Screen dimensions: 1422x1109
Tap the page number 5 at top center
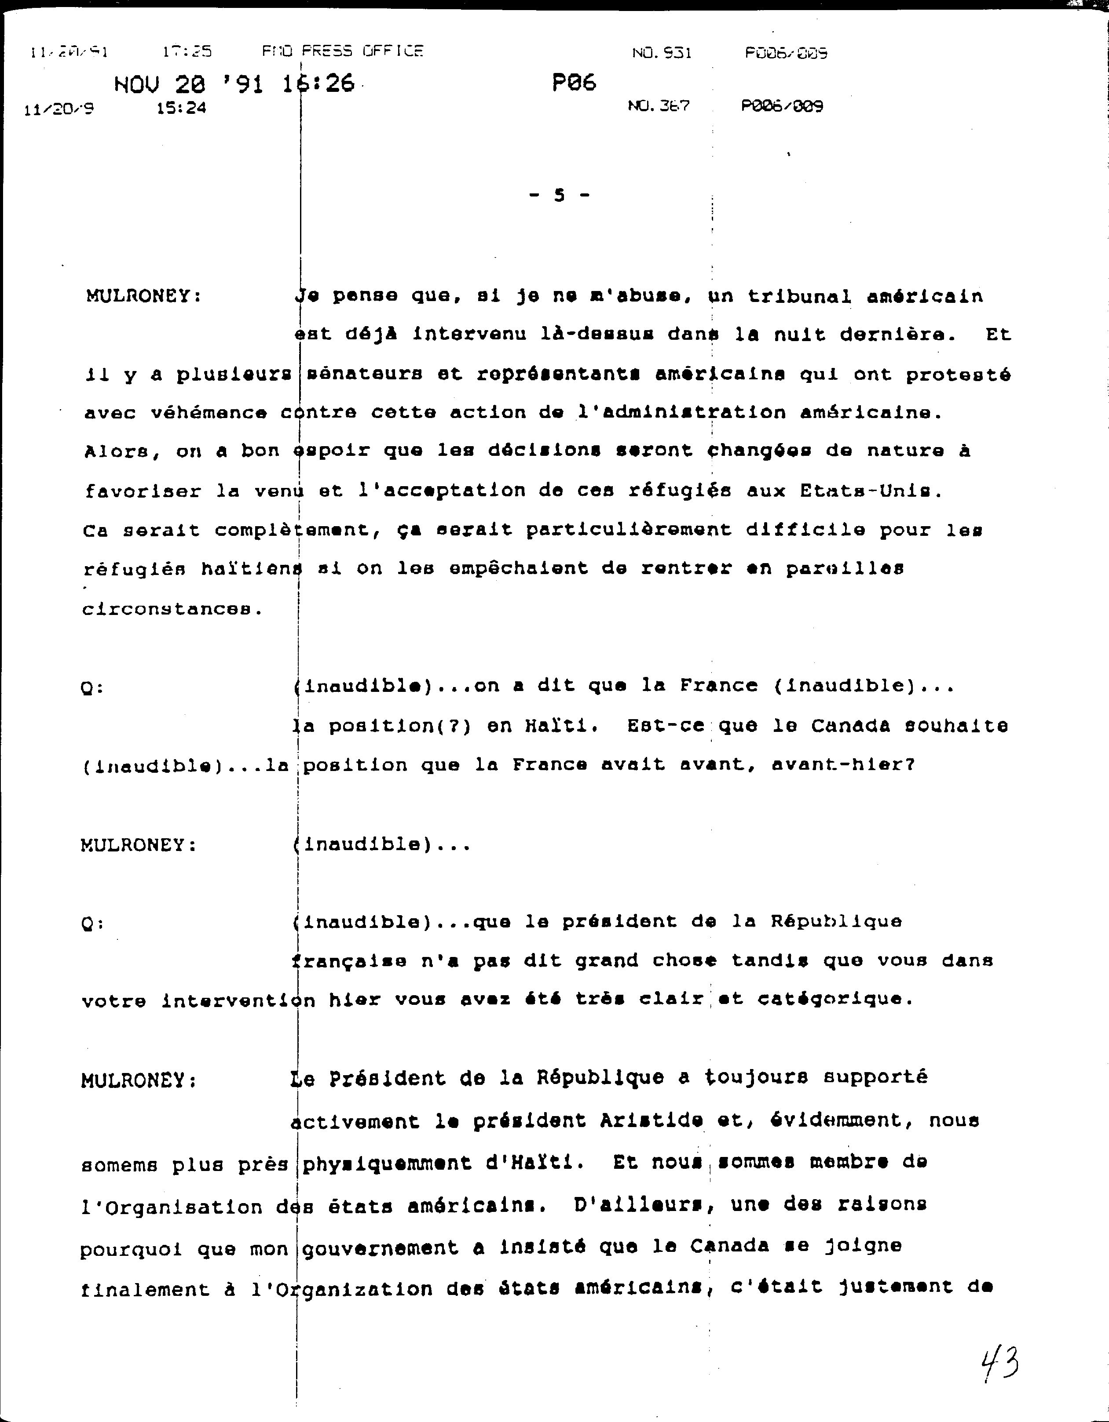click(559, 195)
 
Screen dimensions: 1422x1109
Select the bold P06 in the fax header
click(573, 83)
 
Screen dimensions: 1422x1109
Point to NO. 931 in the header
click(661, 53)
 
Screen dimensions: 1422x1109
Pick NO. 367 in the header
click(658, 105)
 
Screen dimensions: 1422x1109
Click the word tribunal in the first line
click(799, 296)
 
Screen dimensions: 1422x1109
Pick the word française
click(348, 961)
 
